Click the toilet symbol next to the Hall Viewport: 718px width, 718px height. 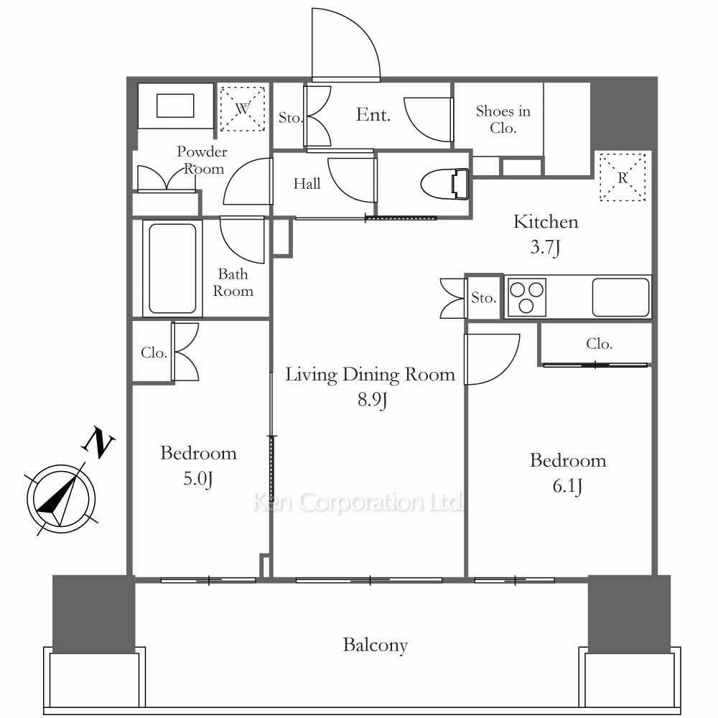coord(445,185)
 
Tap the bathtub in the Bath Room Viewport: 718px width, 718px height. coord(172,268)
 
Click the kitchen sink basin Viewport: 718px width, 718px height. coord(620,297)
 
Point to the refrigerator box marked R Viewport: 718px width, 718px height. coord(623,177)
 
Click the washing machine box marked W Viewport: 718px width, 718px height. coord(242,108)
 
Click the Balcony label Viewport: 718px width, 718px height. coord(375,645)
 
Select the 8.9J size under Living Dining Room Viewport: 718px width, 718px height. coord(372,400)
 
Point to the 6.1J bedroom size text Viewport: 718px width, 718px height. coord(567,486)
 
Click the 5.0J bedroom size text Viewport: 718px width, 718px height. coord(198,479)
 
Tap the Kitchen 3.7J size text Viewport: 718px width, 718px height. coord(546,247)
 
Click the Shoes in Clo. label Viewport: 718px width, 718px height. coord(503,119)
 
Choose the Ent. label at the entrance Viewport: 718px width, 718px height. coord(373,114)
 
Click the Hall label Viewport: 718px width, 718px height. coord(307,184)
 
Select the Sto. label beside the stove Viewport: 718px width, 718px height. coord(483,298)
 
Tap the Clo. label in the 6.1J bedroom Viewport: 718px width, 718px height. coord(599,343)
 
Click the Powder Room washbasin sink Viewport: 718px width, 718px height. coord(175,106)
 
